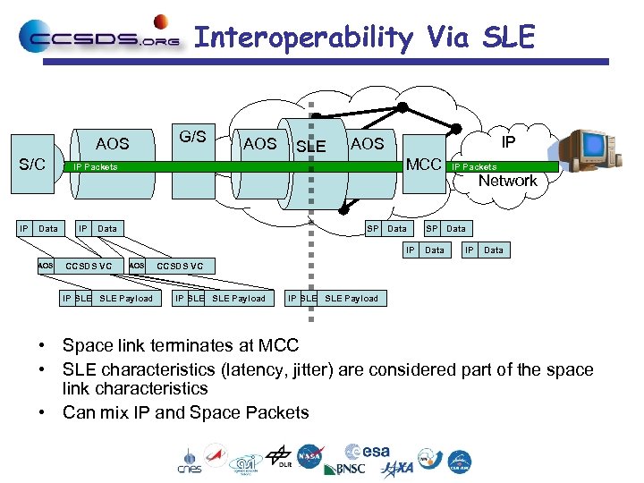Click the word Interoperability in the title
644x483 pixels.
[303, 38]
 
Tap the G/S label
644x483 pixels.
[192, 137]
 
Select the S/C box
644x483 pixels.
[33, 165]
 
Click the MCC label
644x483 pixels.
[423, 165]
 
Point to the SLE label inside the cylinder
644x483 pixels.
[310, 146]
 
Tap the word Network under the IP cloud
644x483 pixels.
[507, 181]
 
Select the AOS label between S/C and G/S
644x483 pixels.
[112, 143]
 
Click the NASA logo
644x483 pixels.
[310, 456]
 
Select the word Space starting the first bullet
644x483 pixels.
[85, 346]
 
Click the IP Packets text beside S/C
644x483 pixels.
[95, 166]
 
